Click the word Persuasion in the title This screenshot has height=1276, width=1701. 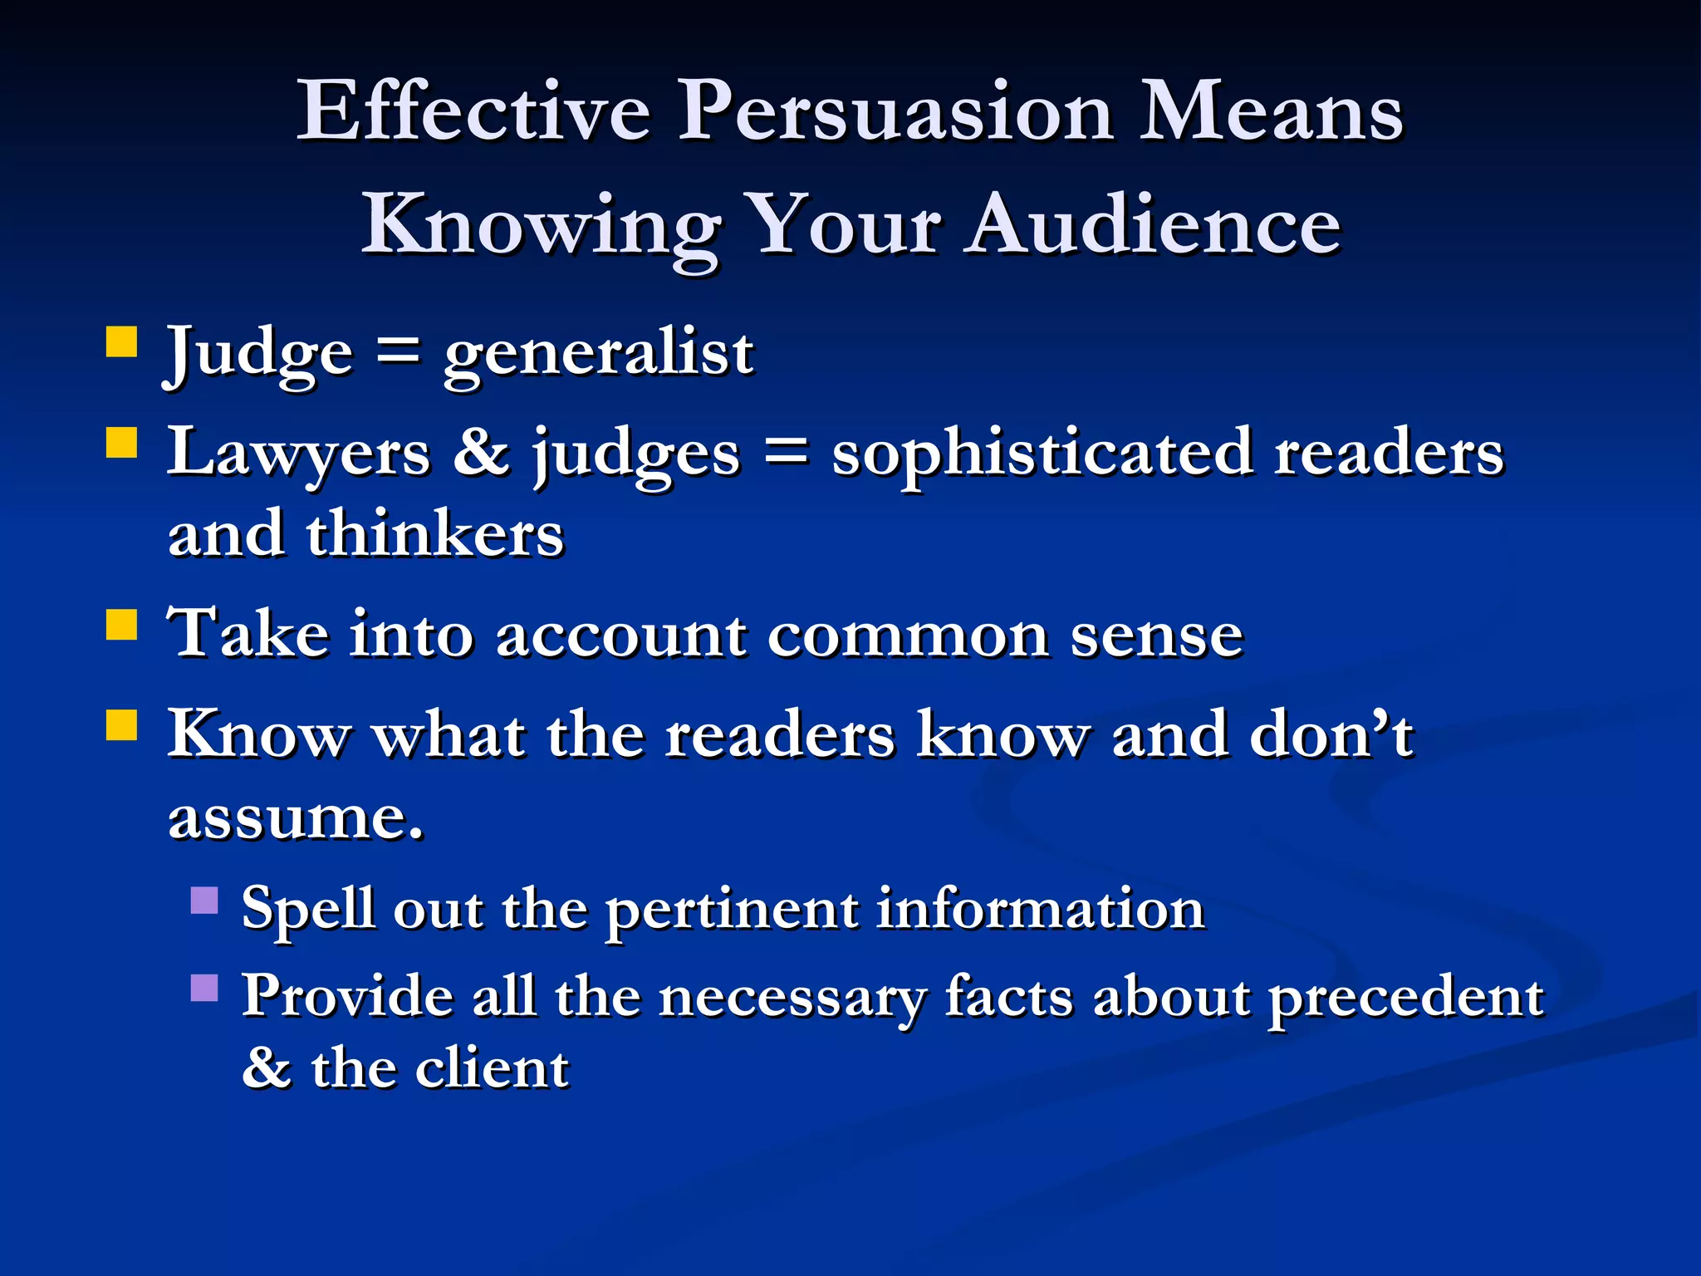895,112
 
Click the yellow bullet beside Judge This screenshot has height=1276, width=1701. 122,341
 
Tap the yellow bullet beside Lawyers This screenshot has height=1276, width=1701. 122,443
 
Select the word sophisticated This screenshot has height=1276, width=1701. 1042,454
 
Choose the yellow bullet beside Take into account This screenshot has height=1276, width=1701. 122,625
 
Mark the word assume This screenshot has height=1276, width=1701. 296,818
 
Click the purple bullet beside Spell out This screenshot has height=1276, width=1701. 204,901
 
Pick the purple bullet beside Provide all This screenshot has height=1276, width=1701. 204,988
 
